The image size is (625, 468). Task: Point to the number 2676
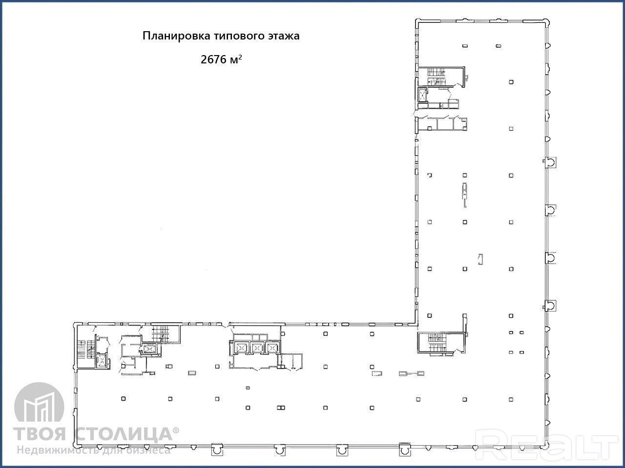(213, 59)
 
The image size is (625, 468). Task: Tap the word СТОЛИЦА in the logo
(126, 434)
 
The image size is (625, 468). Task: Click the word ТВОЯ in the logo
(40, 434)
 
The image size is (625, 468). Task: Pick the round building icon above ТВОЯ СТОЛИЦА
(39, 402)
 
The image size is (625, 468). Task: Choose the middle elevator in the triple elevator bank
(257, 347)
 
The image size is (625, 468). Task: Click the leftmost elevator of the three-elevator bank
(241, 347)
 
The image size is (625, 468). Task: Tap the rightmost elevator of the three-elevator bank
(272, 347)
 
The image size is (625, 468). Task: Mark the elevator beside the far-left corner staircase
(102, 361)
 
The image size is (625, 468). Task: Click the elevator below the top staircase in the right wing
(422, 95)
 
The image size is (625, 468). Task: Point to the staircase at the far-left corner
(86, 353)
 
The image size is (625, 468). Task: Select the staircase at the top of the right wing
(436, 76)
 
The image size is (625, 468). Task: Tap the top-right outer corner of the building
(548, 20)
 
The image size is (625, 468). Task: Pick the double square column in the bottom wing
(281, 408)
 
